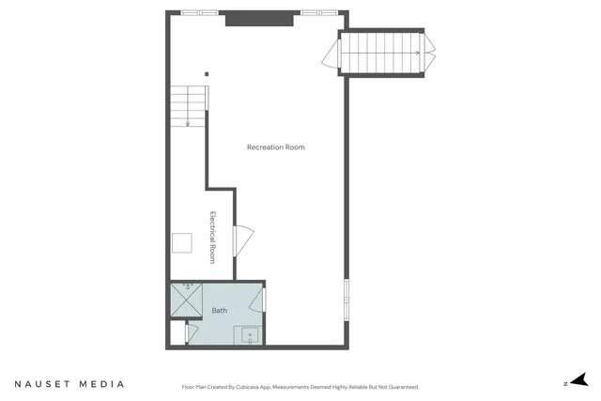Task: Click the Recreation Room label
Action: [275, 147]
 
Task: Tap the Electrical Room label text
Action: [213, 237]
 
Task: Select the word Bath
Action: [219, 310]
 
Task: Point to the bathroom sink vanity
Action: [250, 334]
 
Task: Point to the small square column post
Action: [207, 75]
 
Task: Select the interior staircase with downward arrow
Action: [188, 105]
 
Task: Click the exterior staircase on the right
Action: [380, 53]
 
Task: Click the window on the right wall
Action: [347, 300]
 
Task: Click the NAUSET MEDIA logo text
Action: [69, 384]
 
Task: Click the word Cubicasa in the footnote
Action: [254, 387]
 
